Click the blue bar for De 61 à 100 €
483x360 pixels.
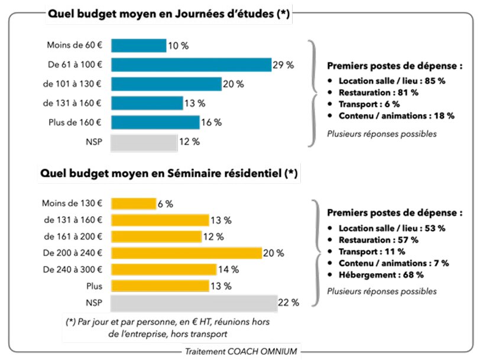point(191,65)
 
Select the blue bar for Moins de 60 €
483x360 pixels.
point(138,46)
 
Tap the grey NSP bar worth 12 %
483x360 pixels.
point(144,142)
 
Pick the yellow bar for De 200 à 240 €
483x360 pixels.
point(186,253)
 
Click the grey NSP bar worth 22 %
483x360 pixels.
point(194,303)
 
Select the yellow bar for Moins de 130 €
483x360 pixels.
point(133,204)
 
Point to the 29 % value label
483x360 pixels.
point(283,65)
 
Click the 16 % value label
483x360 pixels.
point(211,122)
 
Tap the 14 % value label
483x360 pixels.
point(228,270)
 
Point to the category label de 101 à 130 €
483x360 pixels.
point(72,84)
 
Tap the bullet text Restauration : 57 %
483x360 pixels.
point(378,239)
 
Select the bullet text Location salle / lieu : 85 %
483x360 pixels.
point(392,81)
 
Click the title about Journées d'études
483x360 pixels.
point(169,15)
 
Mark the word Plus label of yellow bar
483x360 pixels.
point(93,286)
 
